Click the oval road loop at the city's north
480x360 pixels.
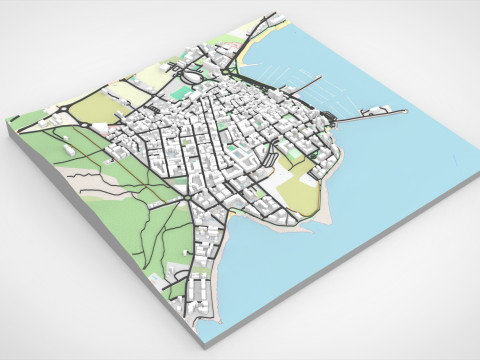click(188, 74)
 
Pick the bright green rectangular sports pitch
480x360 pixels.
click(178, 92)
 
